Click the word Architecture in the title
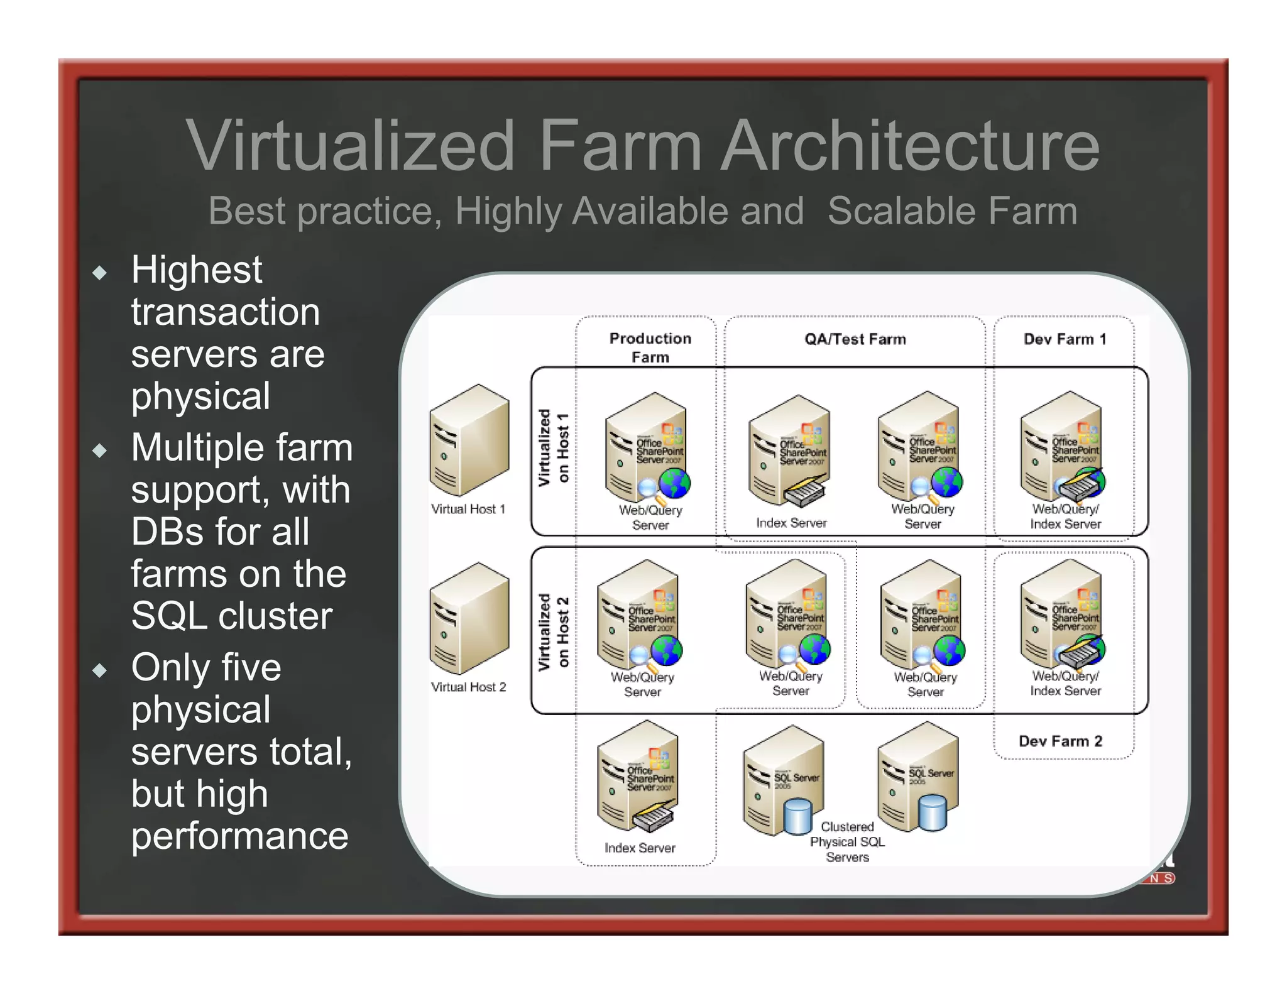click(x=911, y=146)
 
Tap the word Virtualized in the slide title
click(x=350, y=146)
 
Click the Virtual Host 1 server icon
click(x=469, y=440)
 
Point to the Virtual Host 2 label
click(x=469, y=687)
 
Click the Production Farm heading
click(x=650, y=347)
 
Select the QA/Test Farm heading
click(x=855, y=339)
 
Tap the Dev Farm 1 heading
click(x=1065, y=339)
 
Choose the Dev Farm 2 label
click(x=1060, y=741)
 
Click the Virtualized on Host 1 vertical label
click(x=554, y=447)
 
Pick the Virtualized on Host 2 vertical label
click(x=554, y=631)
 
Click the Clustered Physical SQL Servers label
click(x=847, y=842)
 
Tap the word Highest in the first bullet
click(x=197, y=270)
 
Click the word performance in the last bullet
click(x=239, y=836)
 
